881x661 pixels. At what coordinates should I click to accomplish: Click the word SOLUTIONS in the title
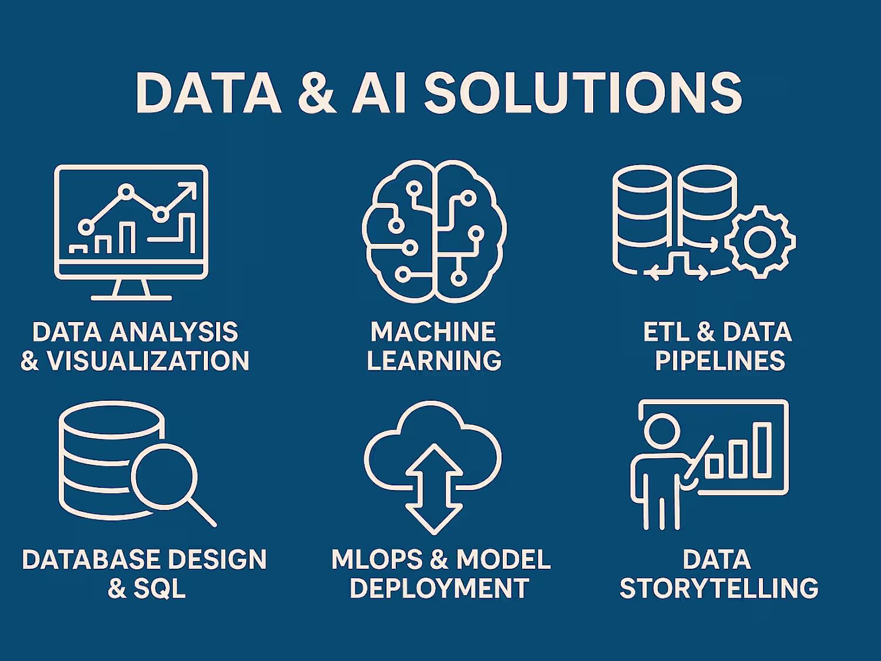click(x=583, y=93)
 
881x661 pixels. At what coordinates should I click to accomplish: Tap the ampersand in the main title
click(x=317, y=93)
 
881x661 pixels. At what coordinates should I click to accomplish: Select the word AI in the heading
click(x=379, y=93)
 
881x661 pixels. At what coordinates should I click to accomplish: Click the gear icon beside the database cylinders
click(x=760, y=242)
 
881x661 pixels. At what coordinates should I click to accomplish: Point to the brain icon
click(x=434, y=231)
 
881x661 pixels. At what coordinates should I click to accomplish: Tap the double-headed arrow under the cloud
click(x=434, y=489)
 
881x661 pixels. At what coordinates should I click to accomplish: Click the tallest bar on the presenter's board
click(x=762, y=450)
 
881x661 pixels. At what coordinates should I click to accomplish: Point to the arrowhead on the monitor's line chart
click(x=189, y=190)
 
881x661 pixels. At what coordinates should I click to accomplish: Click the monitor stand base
click(x=131, y=298)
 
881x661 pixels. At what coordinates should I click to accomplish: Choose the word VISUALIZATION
click(x=148, y=360)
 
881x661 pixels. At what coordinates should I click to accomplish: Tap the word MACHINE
click(x=433, y=331)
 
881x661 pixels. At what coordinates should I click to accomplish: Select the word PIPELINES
click(x=719, y=360)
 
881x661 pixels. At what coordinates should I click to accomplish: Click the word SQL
click(x=159, y=588)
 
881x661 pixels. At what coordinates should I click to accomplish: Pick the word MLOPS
click(x=377, y=559)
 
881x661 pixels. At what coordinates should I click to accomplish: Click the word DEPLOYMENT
click(x=439, y=588)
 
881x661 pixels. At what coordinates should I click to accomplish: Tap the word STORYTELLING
click(x=719, y=588)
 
